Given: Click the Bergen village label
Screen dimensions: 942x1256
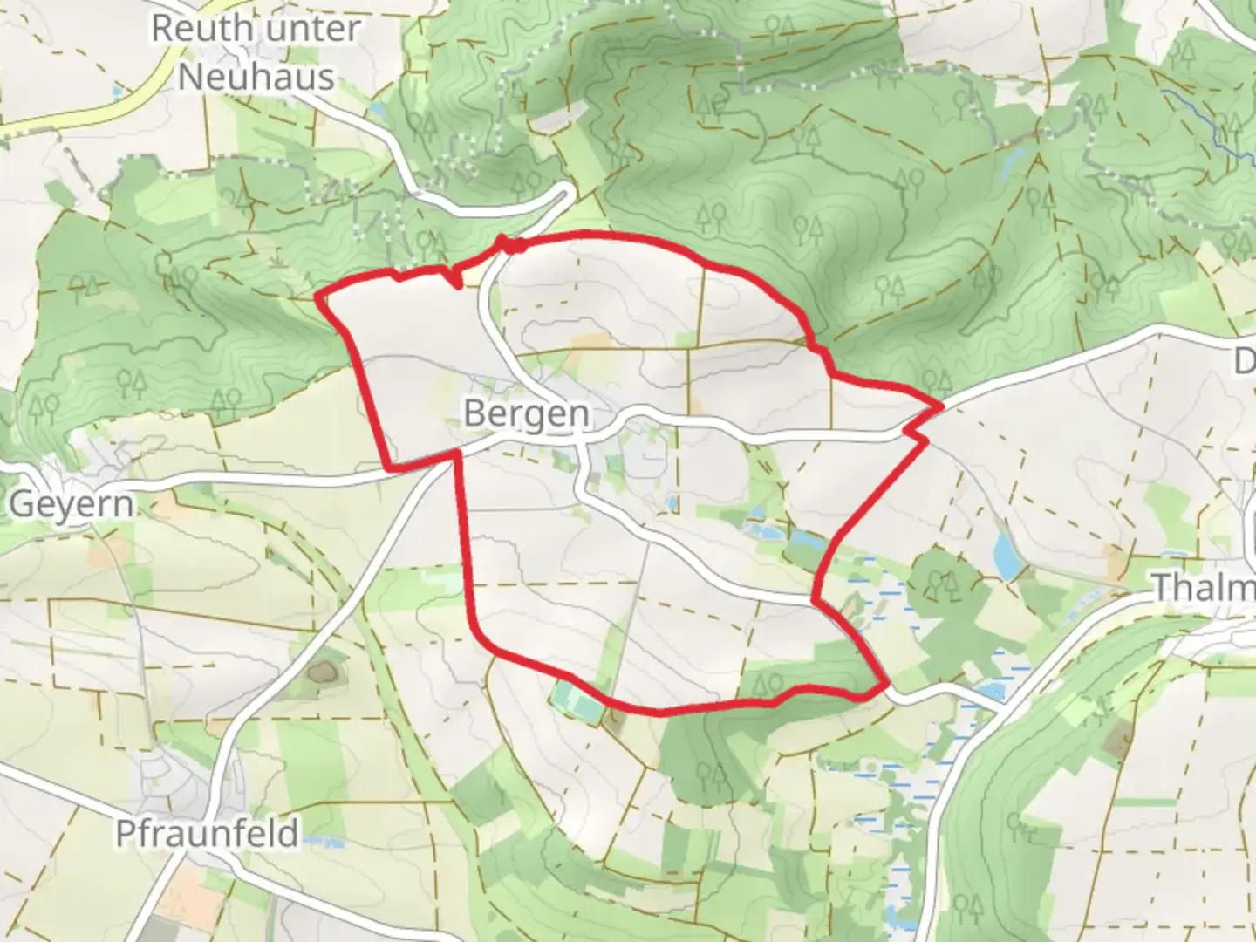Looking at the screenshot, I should pyautogui.click(x=526, y=413).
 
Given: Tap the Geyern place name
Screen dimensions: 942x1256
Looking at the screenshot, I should pyautogui.click(x=72, y=504).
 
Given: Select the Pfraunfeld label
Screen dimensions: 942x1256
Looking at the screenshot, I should pyautogui.click(x=208, y=833).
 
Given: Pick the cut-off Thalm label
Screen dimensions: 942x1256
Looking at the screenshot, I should pyautogui.click(x=1205, y=587).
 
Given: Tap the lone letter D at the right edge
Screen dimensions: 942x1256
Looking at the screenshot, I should pyautogui.click(x=1245, y=361).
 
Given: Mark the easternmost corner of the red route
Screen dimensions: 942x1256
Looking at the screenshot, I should pyautogui.click(x=942, y=406).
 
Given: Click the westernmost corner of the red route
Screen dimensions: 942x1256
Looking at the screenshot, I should pyautogui.click(x=317, y=297).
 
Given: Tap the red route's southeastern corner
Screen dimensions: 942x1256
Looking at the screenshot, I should pyautogui.click(x=886, y=686).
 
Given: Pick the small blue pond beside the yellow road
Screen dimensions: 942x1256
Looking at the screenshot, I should pyautogui.click(x=118, y=91).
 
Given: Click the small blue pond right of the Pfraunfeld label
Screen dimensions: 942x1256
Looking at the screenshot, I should pyautogui.click(x=324, y=841).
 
